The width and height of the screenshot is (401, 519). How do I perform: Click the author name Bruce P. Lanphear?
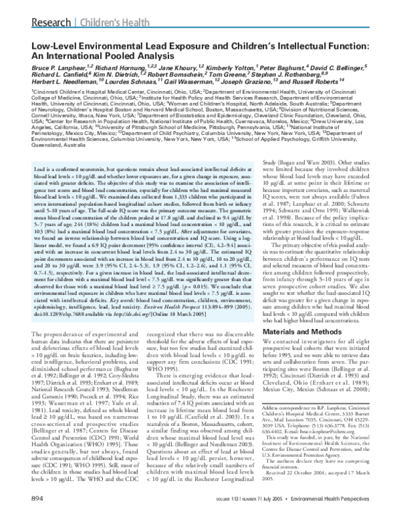tap(48, 68)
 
